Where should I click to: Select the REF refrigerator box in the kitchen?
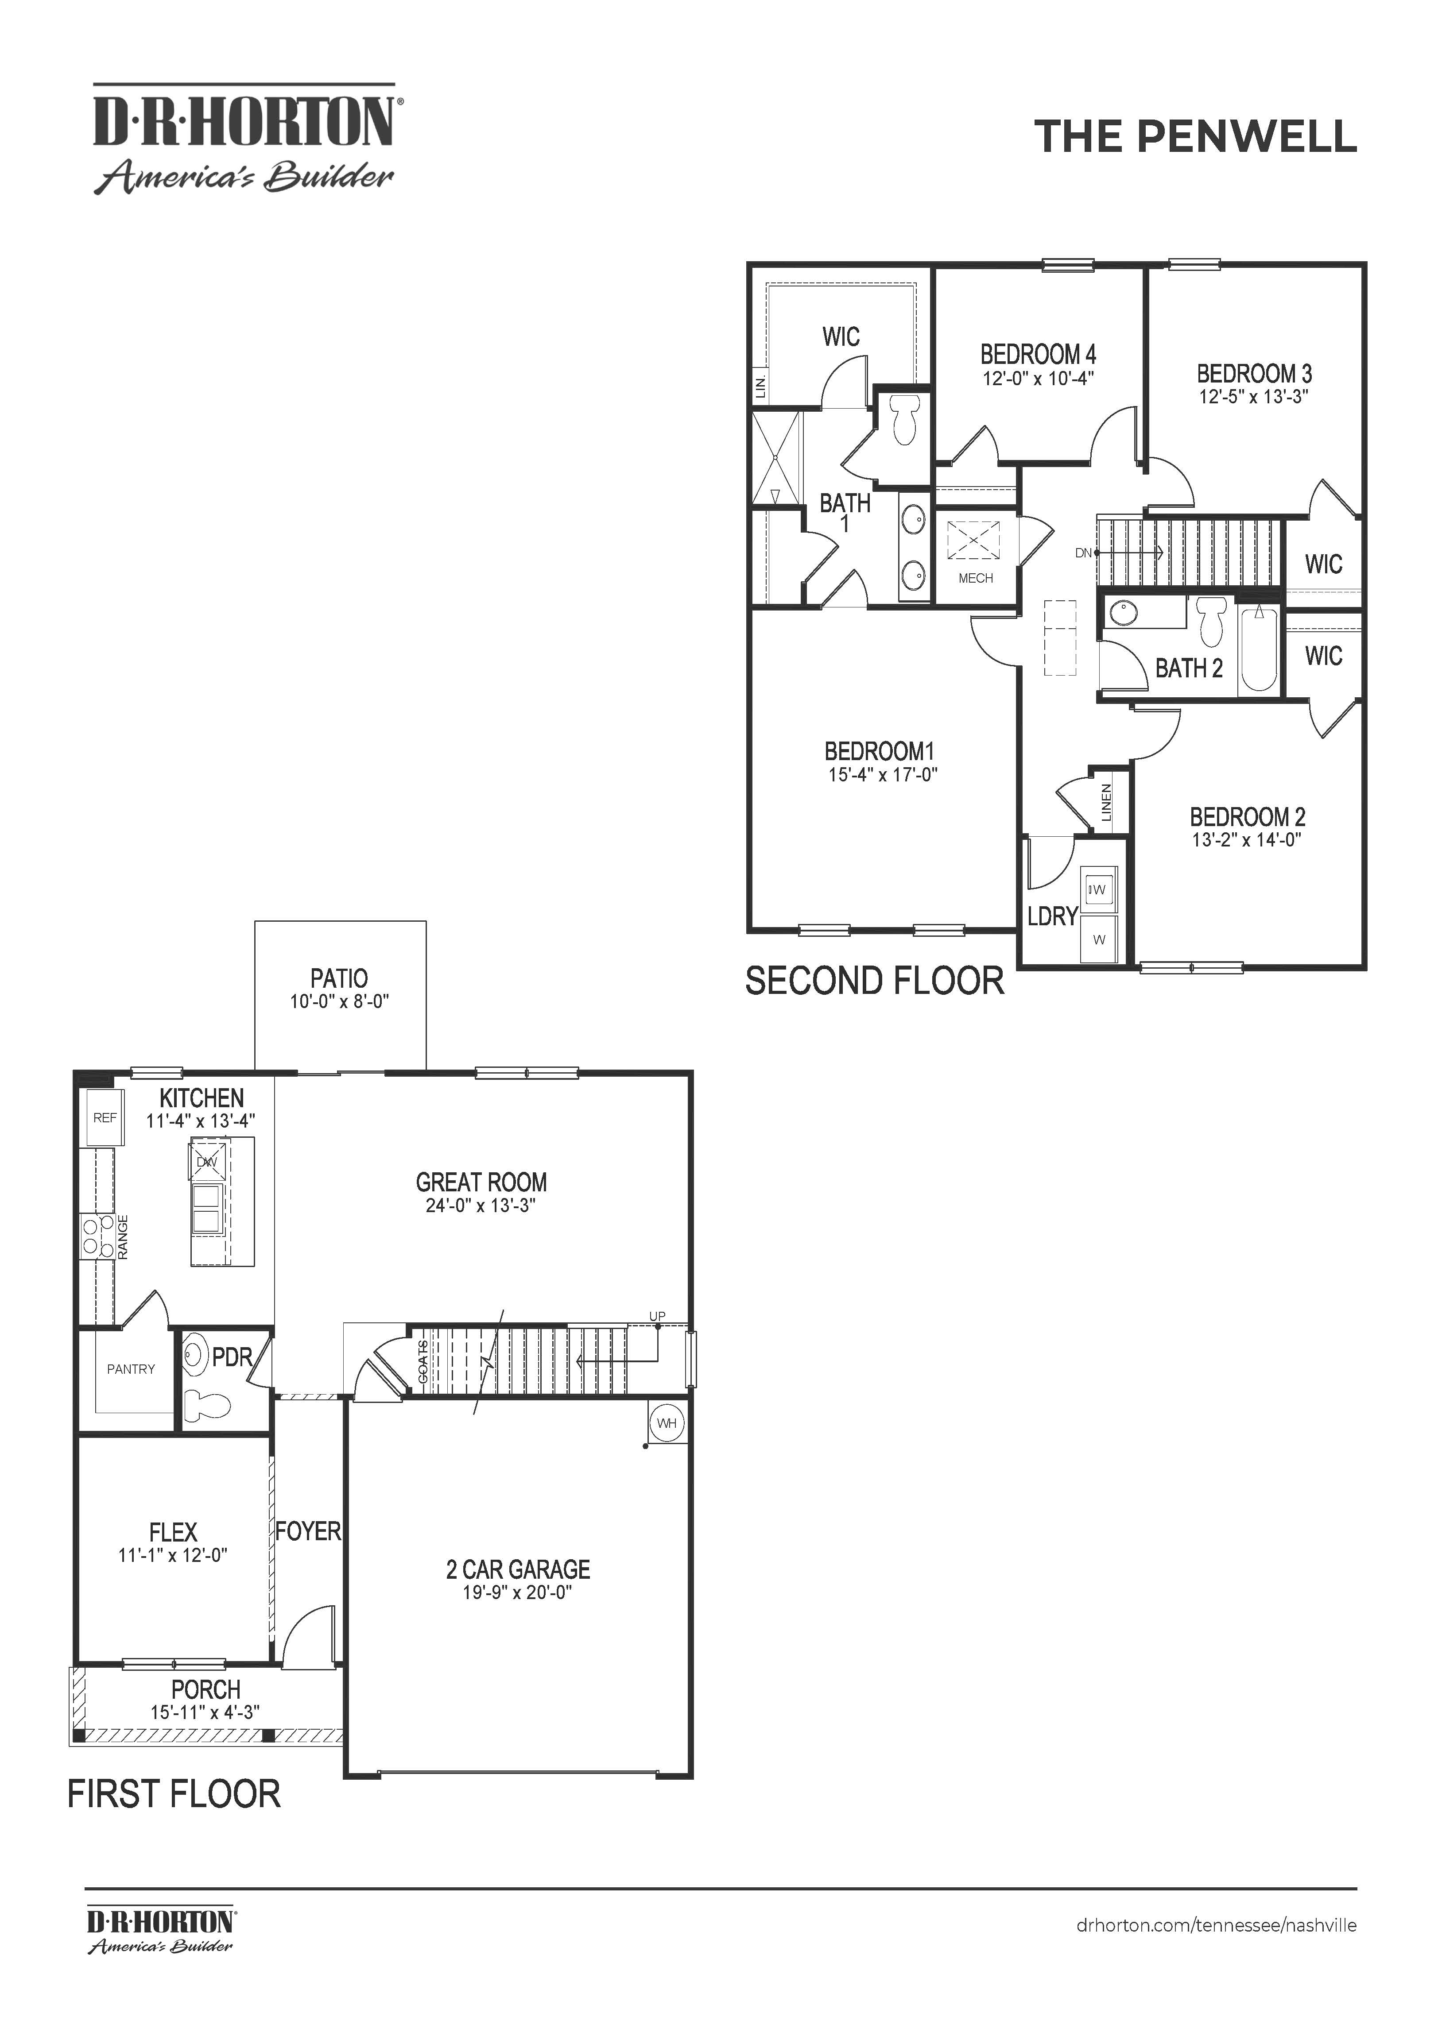(105, 1117)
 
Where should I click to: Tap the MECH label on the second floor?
(976, 578)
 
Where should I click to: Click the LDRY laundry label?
(1052, 916)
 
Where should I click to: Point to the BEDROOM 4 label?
(1038, 354)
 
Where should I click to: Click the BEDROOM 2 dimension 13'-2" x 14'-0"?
(1247, 840)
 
